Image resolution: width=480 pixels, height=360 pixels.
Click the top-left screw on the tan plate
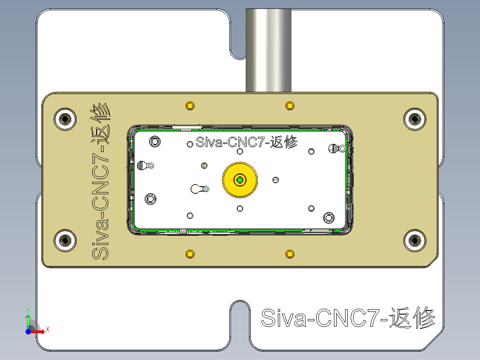pyautogui.click(x=65, y=119)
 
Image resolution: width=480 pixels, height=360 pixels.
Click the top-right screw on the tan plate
pyautogui.click(x=415, y=119)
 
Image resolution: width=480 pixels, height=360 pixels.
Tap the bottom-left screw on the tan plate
pyautogui.click(x=65, y=241)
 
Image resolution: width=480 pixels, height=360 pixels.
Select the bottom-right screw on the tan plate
pyautogui.click(x=415, y=241)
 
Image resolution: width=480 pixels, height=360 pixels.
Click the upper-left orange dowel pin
pyautogui.click(x=190, y=106)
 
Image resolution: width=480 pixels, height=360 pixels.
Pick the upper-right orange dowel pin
pyautogui.click(x=290, y=106)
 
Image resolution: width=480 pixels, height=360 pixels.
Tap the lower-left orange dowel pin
pyautogui.click(x=190, y=254)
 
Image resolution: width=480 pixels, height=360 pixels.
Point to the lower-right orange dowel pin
pyautogui.click(x=290, y=254)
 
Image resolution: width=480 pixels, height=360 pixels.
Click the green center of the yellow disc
pyautogui.click(x=240, y=180)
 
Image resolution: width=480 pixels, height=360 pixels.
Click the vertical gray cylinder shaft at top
pyautogui.click(x=268, y=49)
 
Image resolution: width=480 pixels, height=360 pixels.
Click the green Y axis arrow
pyautogui.click(x=28, y=320)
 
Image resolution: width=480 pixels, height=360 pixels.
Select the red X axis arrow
pyautogui.click(x=39, y=331)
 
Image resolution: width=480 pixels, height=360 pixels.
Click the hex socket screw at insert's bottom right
pyautogui.click(x=329, y=217)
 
